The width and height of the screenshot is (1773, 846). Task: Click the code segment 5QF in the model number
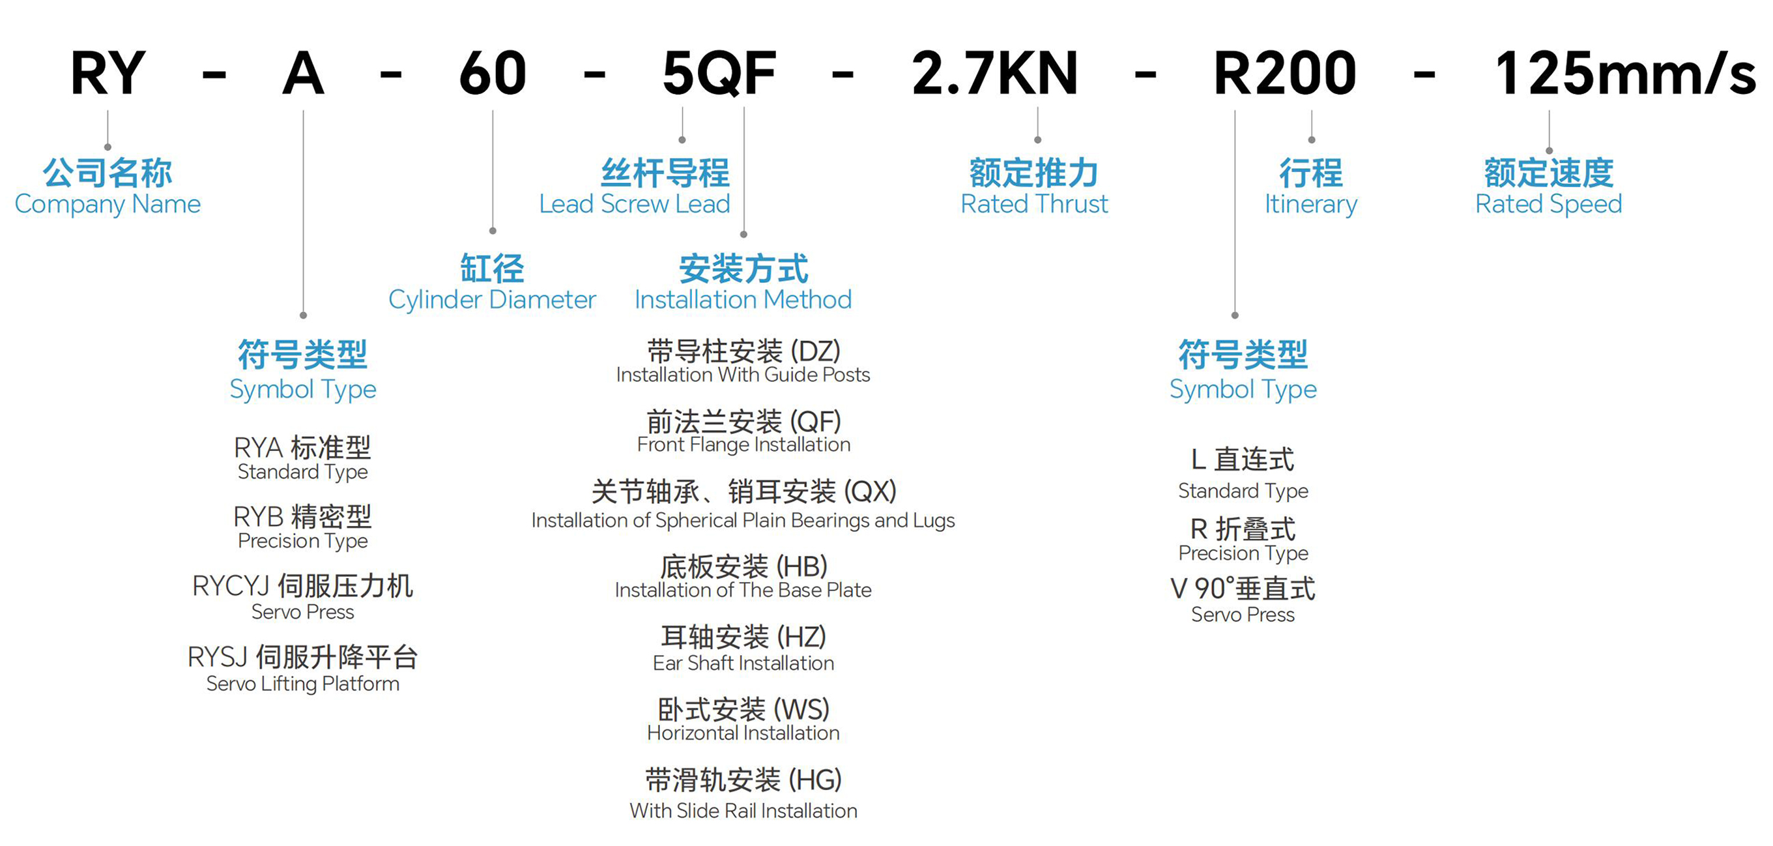719,74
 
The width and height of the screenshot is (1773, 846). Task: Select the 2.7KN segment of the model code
994,74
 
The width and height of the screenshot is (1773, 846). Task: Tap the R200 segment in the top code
1284,74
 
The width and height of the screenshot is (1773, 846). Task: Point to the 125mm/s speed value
1624,74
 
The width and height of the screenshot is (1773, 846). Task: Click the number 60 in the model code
493,74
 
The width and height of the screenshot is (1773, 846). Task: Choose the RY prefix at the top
108,74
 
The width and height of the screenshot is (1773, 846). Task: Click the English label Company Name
108,205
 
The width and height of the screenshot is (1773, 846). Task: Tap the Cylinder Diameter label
492,300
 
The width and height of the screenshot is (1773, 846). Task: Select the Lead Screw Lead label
634,205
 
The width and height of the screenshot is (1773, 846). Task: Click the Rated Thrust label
1035,205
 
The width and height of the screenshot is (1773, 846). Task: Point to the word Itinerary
1310,205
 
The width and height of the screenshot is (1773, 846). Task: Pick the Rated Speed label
1549,205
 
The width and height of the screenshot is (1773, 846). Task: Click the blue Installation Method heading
743,300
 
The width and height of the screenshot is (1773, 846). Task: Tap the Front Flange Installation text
743,445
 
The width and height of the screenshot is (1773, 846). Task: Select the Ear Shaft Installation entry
743,663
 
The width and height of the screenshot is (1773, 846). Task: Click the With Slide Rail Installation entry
743,811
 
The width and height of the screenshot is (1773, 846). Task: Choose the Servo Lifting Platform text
303,684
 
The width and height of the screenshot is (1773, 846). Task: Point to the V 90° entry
1243,589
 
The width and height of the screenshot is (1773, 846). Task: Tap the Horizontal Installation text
743,733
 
